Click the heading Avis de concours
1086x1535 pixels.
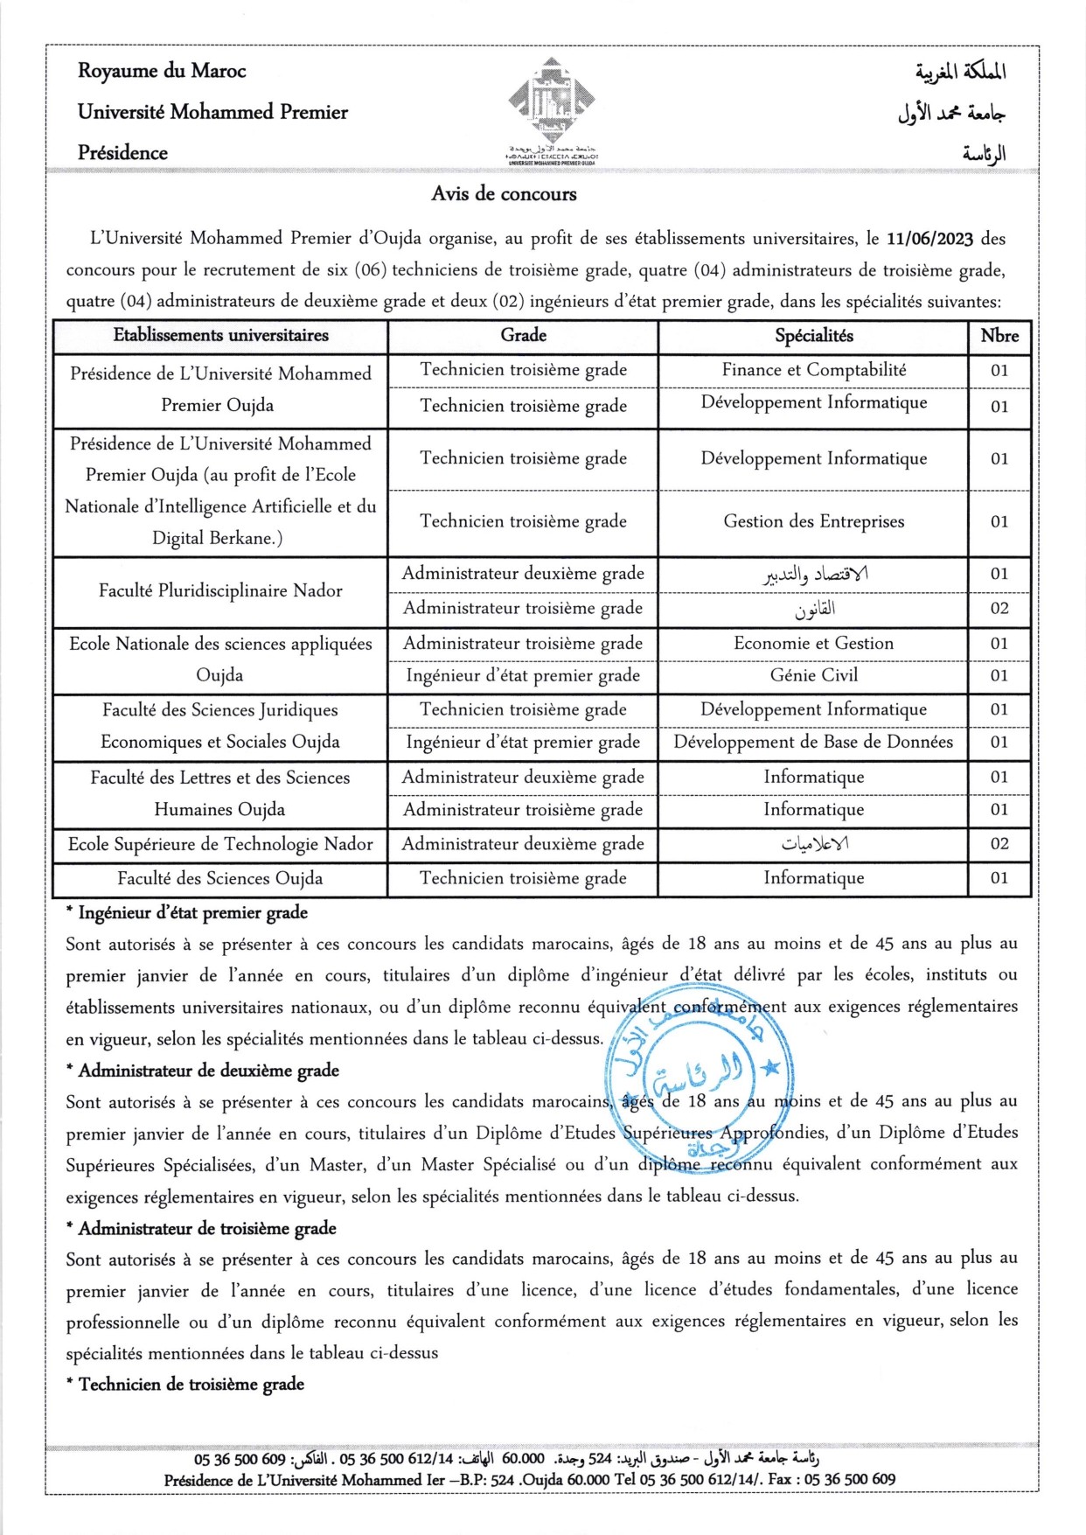(504, 194)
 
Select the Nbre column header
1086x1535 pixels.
(999, 336)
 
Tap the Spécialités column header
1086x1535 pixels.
(813, 336)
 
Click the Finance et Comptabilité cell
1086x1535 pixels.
(813, 370)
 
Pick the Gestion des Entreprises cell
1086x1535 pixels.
(813, 522)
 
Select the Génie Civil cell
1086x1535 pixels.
(813, 675)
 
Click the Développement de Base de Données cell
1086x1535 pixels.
(813, 743)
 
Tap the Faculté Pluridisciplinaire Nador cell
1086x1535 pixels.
(220, 591)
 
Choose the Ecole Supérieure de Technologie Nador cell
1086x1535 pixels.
(220, 844)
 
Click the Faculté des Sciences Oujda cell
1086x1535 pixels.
(220, 878)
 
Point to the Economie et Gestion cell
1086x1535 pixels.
(813, 644)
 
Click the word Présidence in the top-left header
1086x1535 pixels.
(122, 153)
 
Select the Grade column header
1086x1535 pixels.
(523, 336)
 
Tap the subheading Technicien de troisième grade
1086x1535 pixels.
(191, 1385)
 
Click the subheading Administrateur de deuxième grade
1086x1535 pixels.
(208, 1071)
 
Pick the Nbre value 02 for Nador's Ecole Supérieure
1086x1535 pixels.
(999, 844)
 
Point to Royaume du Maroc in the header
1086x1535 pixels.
(162, 71)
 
